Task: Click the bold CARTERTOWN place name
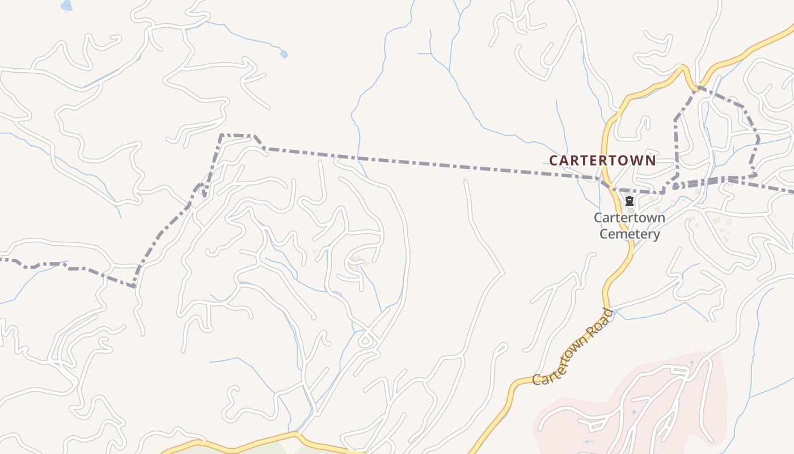point(602,160)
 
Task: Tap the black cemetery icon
point(629,201)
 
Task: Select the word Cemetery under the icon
point(630,234)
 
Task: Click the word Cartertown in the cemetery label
point(630,217)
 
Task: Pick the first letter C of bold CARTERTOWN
point(554,160)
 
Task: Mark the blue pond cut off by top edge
point(66,6)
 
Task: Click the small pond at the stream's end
point(284,54)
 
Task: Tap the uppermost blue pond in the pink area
point(691,362)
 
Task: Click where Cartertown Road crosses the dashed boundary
point(606,183)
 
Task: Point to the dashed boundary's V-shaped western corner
point(134,286)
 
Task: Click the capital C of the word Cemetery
point(604,234)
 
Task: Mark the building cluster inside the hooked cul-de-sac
point(357,262)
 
